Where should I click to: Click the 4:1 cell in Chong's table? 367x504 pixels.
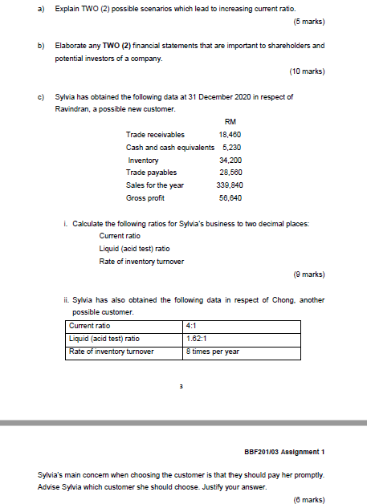click(x=191, y=326)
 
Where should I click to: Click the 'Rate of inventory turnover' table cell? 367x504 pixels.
click(x=112, y=352)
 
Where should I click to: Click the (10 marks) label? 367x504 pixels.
click(x=307, y=71)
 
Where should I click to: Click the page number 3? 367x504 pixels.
click(x=181, y=385)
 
